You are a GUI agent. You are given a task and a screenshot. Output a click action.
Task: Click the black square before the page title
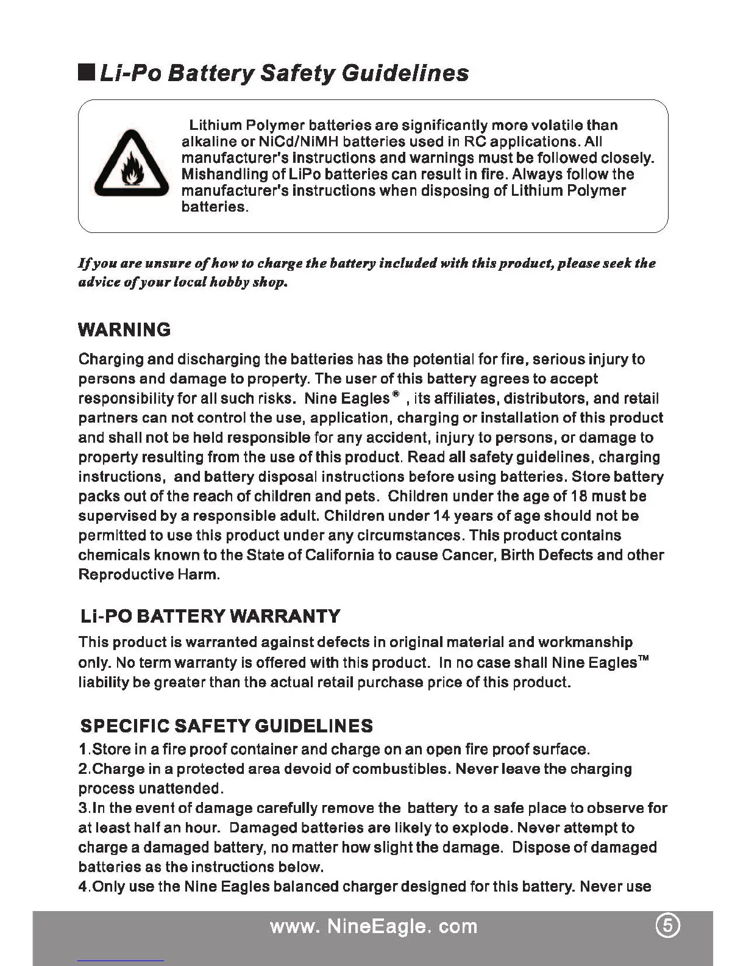click(x=87, y=73)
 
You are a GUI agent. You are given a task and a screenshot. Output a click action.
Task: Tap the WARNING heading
click(x=124, y=330)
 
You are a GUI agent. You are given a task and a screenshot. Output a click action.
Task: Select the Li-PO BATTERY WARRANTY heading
click(x=210, y=616)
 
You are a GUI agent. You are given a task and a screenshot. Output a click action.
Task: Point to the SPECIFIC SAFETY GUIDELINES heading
click(x=227, y=726)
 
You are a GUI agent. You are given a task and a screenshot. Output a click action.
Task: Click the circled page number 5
click(x=667, y=926)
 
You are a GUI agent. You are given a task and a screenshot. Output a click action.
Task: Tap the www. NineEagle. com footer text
click(x=373, y=926)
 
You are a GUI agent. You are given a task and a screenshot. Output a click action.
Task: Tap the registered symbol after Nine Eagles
click(x=396, y=395)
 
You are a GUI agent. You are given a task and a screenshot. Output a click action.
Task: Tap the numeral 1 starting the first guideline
click(x=83, y=749)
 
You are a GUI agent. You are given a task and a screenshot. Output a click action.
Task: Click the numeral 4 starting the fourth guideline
click(x=83, y=886)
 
